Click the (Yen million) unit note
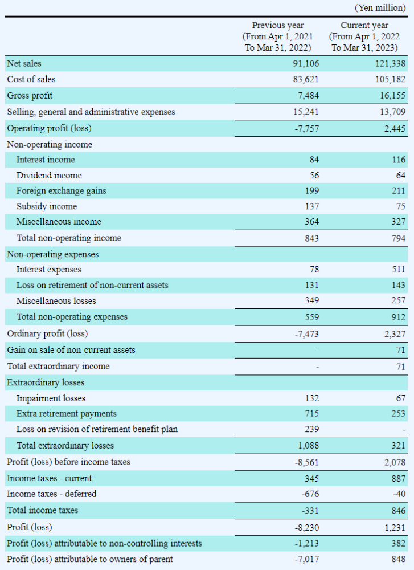pos(380,8)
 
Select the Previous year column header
pos(278,36)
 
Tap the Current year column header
pos(364,36)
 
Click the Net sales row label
pos(24,63)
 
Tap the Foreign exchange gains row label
pos(61,190)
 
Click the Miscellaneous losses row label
pos(56,300)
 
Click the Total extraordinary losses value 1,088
pos(308,445)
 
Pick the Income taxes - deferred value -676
pos(310,494)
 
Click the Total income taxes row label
pos(43,510)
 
